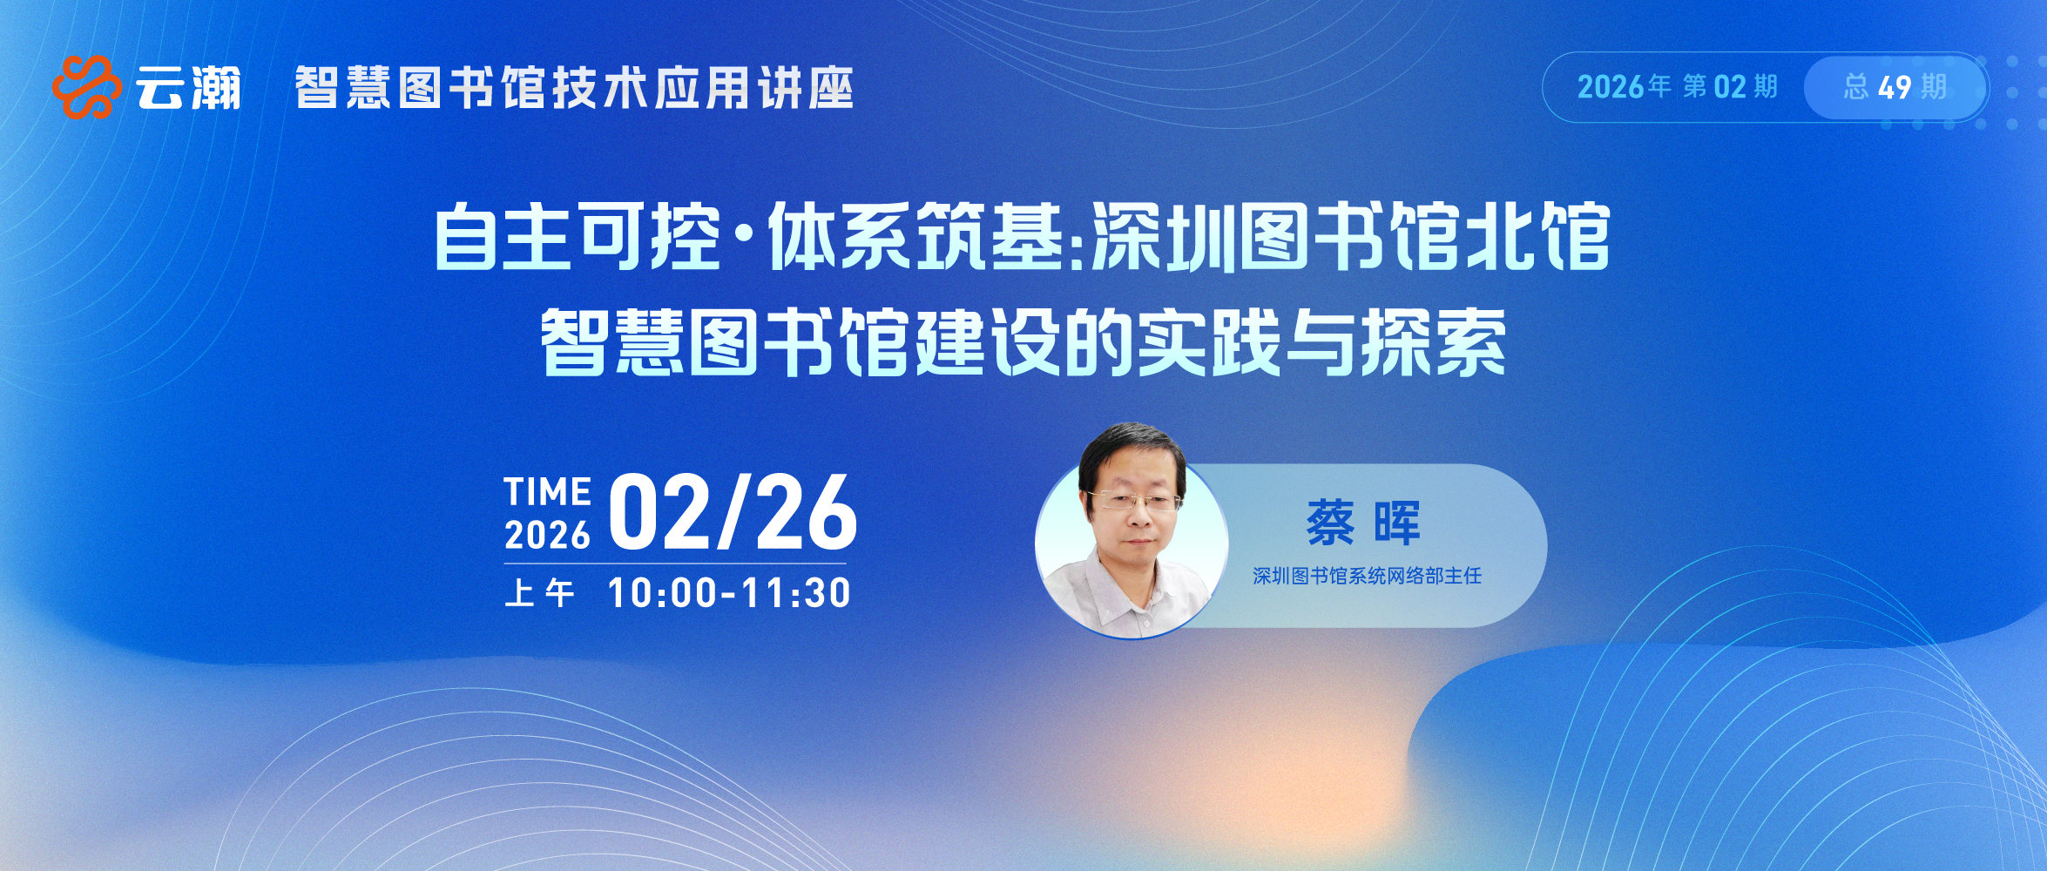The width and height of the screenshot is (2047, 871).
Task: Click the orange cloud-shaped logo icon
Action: coord(86,86)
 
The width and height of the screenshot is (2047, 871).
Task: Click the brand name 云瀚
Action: coord(188,88)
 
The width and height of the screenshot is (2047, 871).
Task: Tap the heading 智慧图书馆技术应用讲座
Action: coord(574,88)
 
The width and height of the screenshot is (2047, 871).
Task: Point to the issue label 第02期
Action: coord(1730,87)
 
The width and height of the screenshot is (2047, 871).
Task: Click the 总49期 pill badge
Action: coord(1895,87)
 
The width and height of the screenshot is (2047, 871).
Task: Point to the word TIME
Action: coord(548,491)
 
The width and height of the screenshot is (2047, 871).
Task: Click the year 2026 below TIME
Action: coord(547,535)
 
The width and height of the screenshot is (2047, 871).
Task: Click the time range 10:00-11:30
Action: coord(729,593)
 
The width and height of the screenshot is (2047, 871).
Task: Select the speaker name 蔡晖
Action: coord(1363,523)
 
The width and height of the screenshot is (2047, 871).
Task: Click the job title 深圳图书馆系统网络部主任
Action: coord(1367,576)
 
